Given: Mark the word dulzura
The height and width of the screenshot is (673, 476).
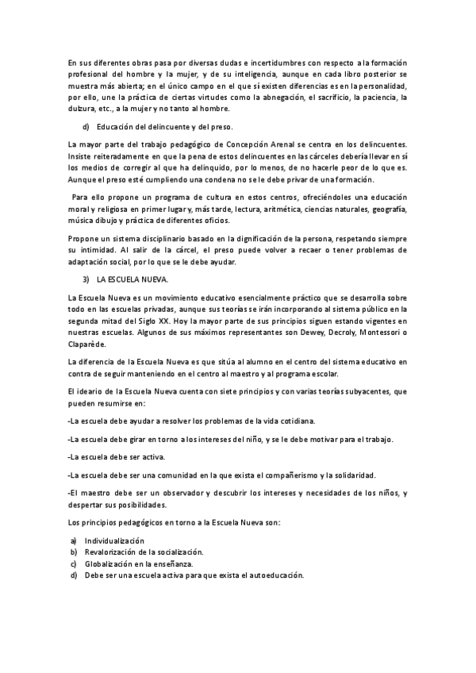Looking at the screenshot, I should coord(83,109).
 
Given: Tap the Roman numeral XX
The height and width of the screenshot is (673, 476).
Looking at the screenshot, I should coord(163,319).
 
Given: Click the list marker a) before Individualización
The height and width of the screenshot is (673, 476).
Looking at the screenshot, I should coord(73,540).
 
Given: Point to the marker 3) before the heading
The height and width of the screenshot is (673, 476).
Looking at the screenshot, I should coord(86,280).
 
